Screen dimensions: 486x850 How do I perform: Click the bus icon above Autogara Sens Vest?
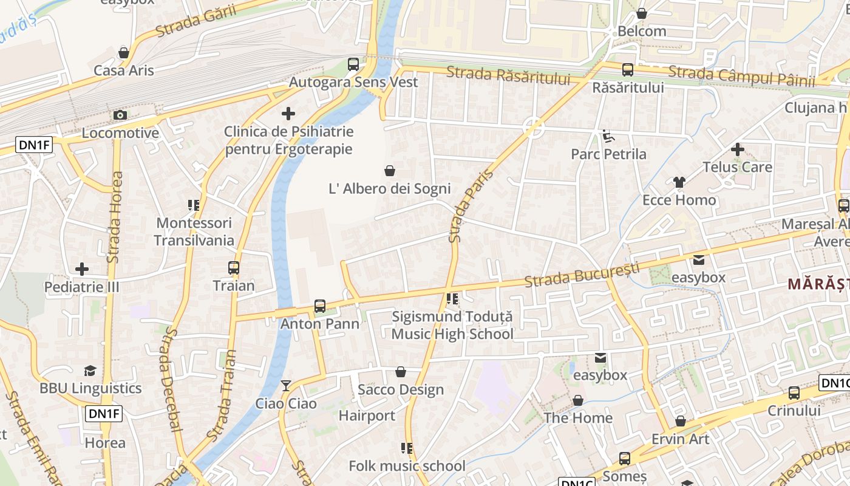353,64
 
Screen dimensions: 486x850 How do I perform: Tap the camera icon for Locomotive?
120,115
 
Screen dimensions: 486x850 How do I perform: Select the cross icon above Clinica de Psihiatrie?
288,114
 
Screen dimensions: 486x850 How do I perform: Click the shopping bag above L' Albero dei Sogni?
390,171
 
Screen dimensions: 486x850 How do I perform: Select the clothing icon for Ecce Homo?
679,182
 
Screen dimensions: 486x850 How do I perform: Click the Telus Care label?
737,167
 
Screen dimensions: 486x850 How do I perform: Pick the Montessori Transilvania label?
194,231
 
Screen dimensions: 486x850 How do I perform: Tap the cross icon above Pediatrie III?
82,269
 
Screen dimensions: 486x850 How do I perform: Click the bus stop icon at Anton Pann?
320,306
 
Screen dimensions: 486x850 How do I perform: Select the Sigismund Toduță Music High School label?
452,325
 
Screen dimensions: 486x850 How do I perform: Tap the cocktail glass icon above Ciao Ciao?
285,386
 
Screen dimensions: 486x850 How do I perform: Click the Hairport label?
367,416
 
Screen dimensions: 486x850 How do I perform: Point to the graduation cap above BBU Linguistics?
90,371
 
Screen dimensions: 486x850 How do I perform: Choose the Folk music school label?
407,466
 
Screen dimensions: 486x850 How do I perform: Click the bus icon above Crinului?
794,393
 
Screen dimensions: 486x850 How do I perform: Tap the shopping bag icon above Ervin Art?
681,421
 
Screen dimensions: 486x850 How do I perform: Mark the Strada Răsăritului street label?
508,75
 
